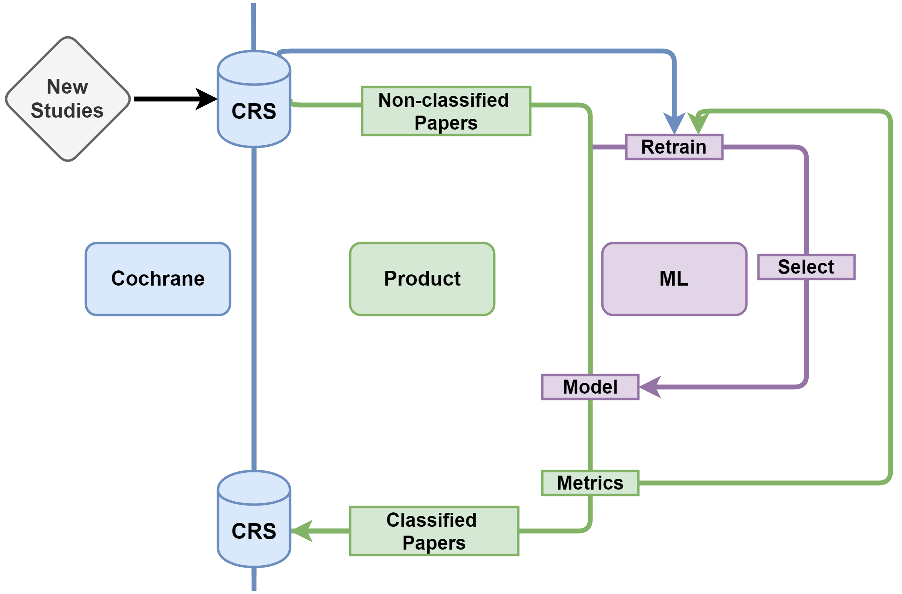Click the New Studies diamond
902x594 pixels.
[x=68, y=99]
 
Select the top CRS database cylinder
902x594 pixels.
[x=254, y=99]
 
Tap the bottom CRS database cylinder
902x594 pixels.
[x=254, y=519]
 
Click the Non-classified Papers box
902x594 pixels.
[x=446, y=111]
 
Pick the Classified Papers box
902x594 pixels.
[x=434, y=531]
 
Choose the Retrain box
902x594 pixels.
[x=674, y=147]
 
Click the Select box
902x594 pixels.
[x=806, y=267]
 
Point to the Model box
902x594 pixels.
[x=590, y=387]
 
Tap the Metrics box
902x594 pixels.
[x=590, y=483]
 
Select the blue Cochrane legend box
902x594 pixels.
[x=158, y=279]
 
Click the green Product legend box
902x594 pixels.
[x=422, y=279]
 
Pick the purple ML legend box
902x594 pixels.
[x=674, y=279]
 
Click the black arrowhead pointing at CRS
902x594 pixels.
[x=206, y=99]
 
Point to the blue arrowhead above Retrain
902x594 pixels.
[x=674, y=123]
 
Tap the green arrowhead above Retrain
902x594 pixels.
[x=698, y=123]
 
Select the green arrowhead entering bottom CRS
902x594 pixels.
[x=302, y=531]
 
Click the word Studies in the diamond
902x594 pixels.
[x=67, y=110]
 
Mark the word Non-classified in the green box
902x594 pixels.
[x=444, y=100]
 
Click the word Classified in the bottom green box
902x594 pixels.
[x=432, y=520]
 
